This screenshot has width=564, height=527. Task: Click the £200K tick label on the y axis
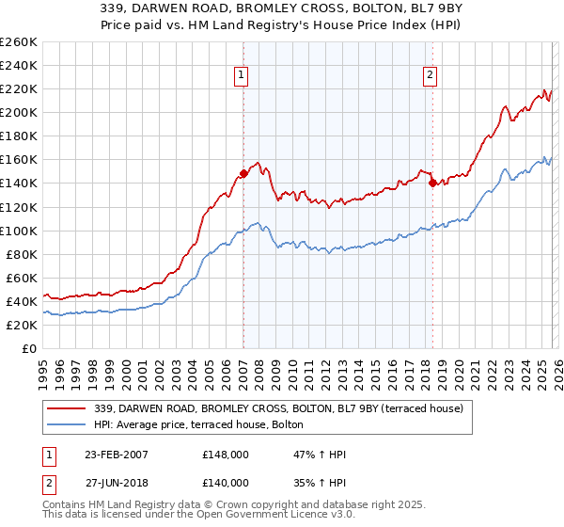(x=18, y=112)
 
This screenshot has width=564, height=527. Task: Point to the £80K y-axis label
(x=21, y=254)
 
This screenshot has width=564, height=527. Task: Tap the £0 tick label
(x=28, y=348)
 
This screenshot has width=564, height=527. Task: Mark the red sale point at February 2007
(x=243, y=173)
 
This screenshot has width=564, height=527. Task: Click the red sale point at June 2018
(x=432, y=184)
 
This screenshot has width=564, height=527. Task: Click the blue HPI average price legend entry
(x=198, y=425)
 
